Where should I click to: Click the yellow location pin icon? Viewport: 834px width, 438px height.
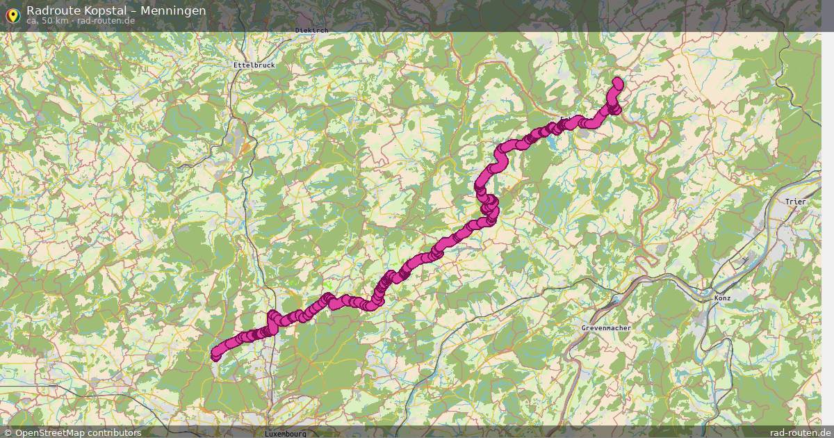click(12, 13)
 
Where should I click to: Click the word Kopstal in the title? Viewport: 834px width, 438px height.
click(104, 10)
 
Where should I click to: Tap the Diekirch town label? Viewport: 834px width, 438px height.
click(311, 30)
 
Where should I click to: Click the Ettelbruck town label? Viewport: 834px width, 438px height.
click(254, 65)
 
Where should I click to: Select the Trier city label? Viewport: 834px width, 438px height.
click(795, 202)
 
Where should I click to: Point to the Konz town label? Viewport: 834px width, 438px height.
click(723, 298)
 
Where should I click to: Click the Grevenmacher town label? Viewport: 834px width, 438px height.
click(605, 327)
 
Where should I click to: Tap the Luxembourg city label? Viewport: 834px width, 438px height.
click(285, 434)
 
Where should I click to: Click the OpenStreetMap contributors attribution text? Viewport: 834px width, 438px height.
click(78, 432)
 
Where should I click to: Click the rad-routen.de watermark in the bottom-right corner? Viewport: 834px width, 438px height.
click(801, 432)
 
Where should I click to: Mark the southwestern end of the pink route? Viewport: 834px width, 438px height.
click(215, 356)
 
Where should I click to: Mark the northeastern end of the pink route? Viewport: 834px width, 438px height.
click(617, 83)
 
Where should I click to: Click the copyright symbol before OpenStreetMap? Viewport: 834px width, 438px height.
click(8, 432)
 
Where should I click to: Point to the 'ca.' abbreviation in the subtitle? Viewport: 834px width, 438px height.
click(33, 21)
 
